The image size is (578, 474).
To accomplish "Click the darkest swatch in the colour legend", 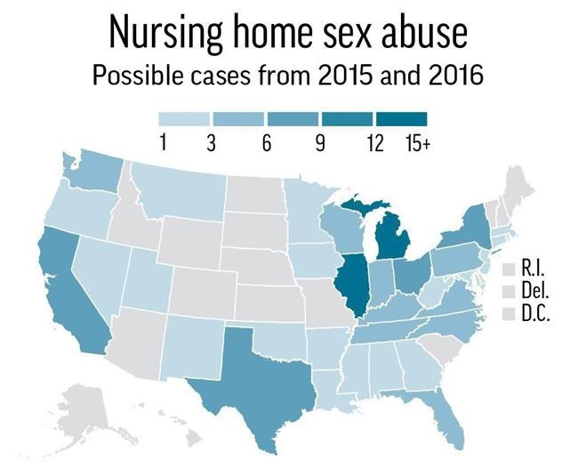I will pyautogui.click(x=401, y=118).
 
